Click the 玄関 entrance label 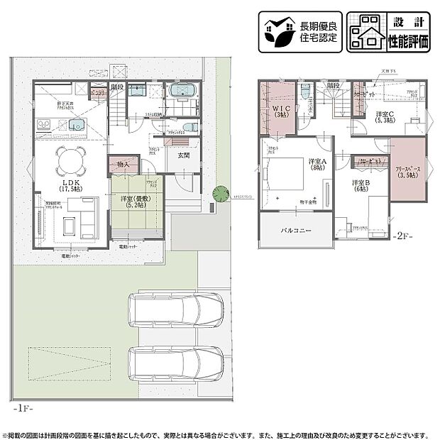[183, 155]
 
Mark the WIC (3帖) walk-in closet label [280, 111]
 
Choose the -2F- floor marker [403, 235]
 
